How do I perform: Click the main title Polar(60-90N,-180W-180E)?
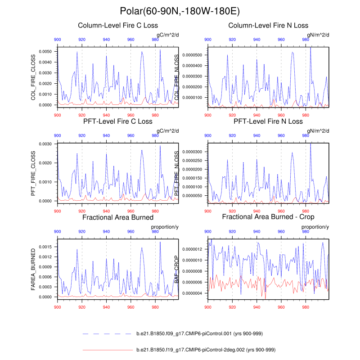tap(180, 10)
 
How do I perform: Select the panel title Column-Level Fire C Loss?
tap(118, 26)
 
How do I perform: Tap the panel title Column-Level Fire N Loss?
tap(268, 26)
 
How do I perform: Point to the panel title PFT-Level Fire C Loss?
tap(118, 121)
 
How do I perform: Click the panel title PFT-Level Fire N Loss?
tap(268, 121)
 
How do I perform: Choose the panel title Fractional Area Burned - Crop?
tap(268, 217)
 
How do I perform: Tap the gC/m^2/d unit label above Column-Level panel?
tap(167, 35)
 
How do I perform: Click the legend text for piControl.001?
tap(199, 333)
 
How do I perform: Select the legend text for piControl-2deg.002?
tap(205, 349)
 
